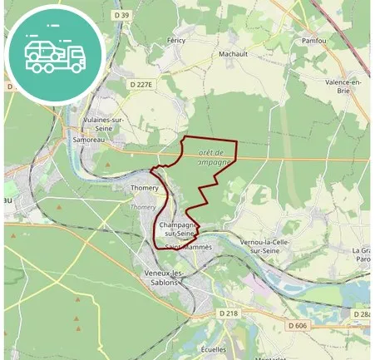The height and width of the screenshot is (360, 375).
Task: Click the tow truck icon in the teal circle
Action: (x=55, y=55)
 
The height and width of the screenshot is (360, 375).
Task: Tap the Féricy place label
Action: (x=176, y=40)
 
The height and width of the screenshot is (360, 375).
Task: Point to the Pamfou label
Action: (x=314, y=40)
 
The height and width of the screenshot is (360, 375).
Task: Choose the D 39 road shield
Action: (x=121, y=15)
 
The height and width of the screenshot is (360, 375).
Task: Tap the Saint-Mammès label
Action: (x=188, y=247)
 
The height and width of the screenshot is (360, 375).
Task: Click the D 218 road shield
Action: (x=230, y=313)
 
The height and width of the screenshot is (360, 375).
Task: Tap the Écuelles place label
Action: (x=213, y=350)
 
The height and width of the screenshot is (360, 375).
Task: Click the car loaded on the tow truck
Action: (x=42, y=49)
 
